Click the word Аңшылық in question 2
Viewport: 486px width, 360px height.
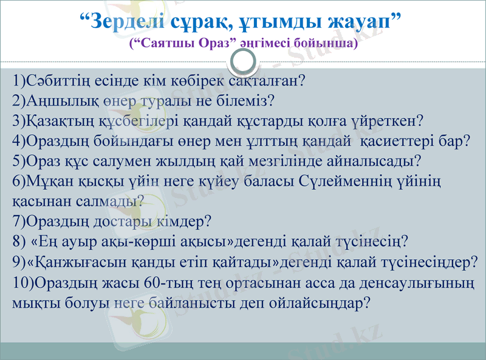click(x=54, y=99)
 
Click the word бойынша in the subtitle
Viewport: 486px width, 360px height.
click(x=327, y=44)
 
